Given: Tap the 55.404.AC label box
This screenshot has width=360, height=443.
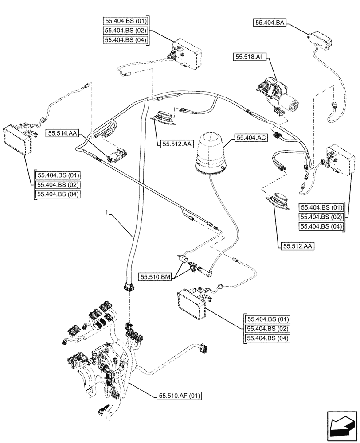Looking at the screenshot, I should [251, 139].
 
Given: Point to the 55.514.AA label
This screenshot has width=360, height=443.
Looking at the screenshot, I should [62, 132].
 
